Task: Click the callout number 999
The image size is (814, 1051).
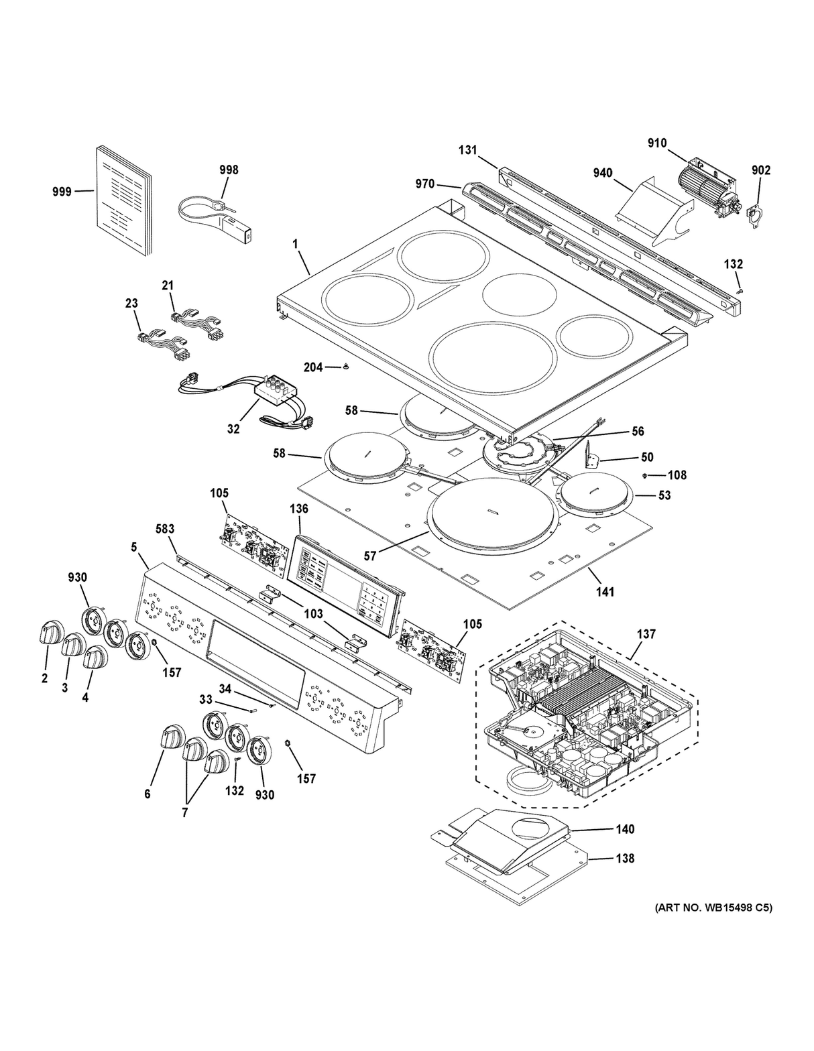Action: (62, 192)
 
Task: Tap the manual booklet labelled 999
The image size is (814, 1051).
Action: (123, 201)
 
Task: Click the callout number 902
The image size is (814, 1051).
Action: (760, 170)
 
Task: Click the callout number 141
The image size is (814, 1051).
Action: (604, 592)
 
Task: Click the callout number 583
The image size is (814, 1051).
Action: (165, 530)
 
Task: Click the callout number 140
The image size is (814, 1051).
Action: (624, 829)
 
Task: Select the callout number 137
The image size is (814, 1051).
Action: (646, 634)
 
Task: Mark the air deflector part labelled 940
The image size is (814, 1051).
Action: (650, 204)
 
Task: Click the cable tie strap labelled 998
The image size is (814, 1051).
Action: (215, 209)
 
